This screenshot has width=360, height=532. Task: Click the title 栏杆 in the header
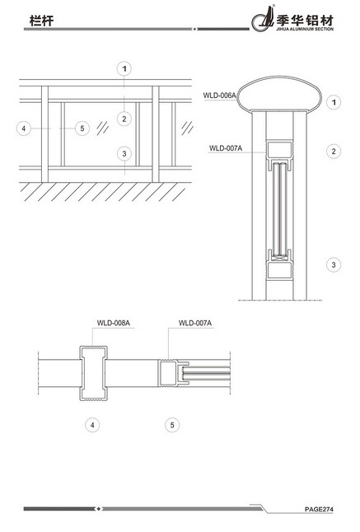click(x=41, y=21)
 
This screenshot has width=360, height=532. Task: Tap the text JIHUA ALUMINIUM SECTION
click(x=305, y=29)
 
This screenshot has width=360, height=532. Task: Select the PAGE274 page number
click(x=319, y=509)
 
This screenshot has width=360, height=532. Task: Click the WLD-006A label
click(x=219, y=96)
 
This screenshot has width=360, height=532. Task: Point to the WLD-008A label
click(x=114, y=323)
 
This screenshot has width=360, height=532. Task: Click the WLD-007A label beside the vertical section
click(x=226, y=148)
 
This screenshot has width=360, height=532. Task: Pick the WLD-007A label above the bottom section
click(x=195, y=323)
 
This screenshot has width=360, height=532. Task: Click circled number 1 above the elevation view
click(x=124, y=69)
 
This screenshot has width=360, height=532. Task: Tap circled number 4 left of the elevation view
click(x=24, y=128)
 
